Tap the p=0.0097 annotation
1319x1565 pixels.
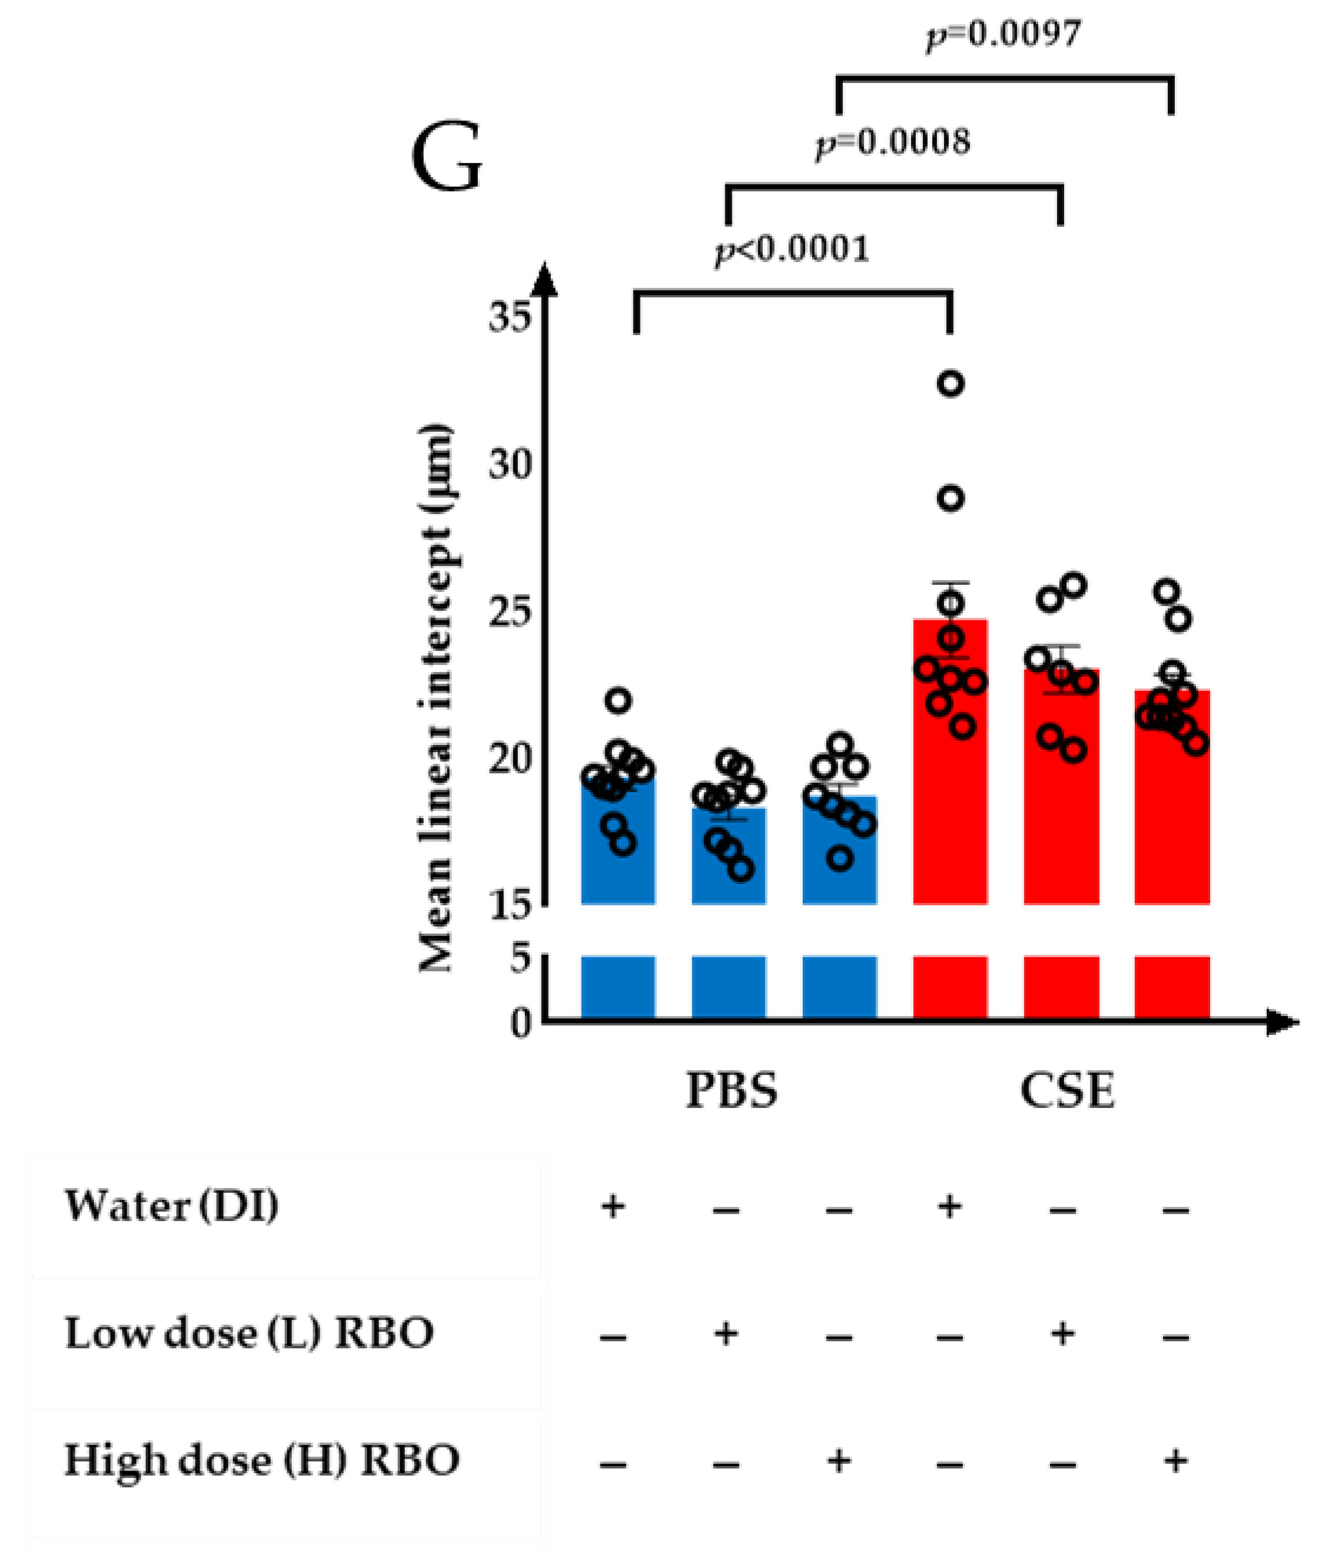pyautogui.click(x=1004, y=34)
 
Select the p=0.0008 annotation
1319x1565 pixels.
pyautogui.click(x=893, y=141)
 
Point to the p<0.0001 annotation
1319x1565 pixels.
pyautogui.click(x=793, y=250)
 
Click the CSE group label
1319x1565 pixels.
pyautogui.click(x=1067, y=1090)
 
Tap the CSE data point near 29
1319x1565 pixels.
pyautogui.click(x=951, y=498)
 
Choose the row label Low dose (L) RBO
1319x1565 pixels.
pyautogui.click(x=249, y=1333)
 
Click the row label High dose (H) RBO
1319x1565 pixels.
pyautogui.click(x=262, y=1460)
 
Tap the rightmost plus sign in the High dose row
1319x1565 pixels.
pyautogui.click(x=1175, y=1460)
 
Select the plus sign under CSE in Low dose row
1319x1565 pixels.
pyautogui.click(x=1062, y=1333)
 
